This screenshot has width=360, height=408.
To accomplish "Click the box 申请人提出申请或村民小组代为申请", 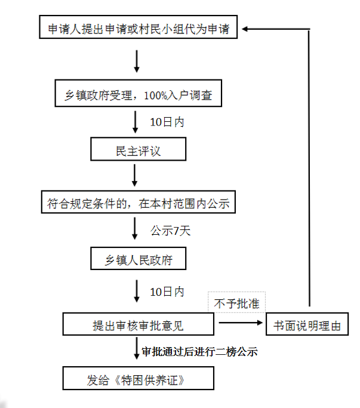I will point(139,29).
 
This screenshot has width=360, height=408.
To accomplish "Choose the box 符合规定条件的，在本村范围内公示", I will point(139,204).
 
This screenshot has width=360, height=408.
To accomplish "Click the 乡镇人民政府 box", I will point(139,260).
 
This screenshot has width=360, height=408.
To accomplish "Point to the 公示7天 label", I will point(170,231).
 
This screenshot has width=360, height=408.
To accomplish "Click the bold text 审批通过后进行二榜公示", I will point(199,352).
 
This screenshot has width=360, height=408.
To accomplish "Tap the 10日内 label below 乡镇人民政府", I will point(167,292).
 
